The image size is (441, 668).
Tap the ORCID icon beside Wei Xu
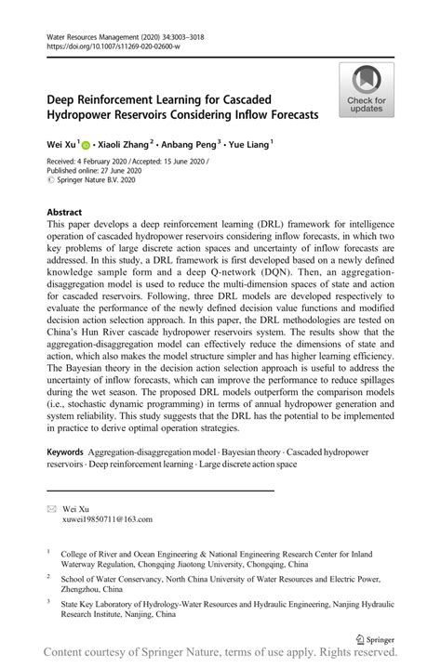[86, 145]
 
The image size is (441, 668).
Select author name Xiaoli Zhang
[120, 145]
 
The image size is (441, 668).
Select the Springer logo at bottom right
[377, 640]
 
